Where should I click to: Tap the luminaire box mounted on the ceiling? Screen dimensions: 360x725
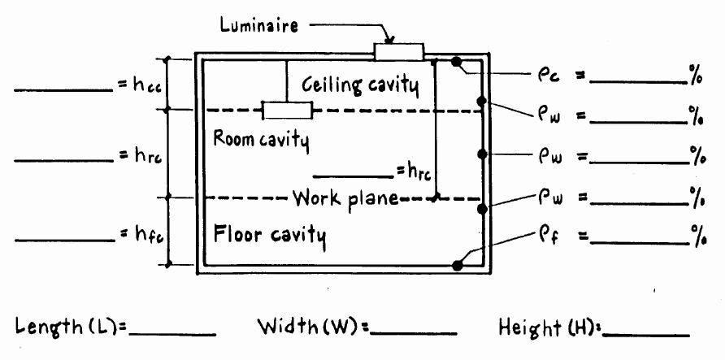click(398, 52)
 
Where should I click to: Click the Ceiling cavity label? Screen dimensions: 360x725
click(360, 85)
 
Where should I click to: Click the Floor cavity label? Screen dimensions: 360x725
click(270, 236)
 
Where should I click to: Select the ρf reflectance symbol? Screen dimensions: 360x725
click(546, 236)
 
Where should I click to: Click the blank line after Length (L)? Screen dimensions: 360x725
click(171, 334)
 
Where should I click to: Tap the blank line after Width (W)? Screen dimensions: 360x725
click(413, 334)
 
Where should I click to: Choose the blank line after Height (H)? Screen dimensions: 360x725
click(646, 334)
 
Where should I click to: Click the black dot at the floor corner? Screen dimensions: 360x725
click(458, 264)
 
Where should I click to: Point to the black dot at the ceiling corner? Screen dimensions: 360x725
click(458, 61)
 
